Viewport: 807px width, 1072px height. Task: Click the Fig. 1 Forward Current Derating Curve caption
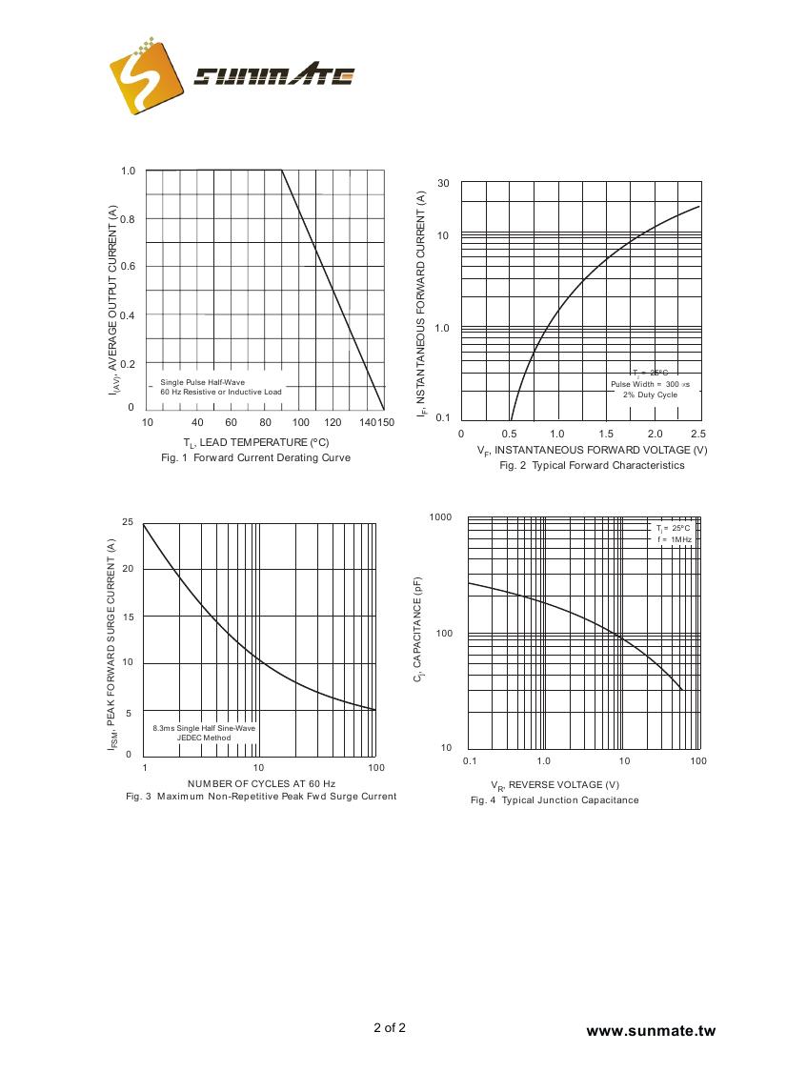coord(255,458)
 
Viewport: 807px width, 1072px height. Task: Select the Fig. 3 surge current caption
coord(261,797)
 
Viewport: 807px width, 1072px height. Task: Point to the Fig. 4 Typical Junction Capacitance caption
coord(555,800)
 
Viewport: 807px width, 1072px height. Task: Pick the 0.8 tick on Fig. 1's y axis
coord(128,219)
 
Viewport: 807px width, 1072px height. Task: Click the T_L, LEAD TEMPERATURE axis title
coord(255,443)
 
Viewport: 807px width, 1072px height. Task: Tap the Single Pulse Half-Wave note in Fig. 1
coord(202,382)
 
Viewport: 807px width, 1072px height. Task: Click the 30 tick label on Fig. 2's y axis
coord(443,183)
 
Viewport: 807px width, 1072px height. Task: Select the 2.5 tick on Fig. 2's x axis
coord(698,435)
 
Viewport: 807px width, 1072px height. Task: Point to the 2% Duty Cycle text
coord(651,394)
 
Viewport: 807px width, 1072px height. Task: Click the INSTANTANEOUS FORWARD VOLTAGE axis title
coord(592,451)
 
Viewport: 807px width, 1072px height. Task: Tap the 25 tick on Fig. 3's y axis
coord(128,522)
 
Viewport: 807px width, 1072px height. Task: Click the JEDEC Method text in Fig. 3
coord(204,738)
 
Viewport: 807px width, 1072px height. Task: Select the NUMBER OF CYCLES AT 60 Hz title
coord(261,783)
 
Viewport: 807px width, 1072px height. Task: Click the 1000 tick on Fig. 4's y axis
coord(440,517)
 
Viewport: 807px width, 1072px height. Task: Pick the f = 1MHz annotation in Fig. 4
coord(674,539)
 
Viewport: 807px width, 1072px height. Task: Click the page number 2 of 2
coord(389,1028)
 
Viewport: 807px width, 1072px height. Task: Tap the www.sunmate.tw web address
coord(650,1031)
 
